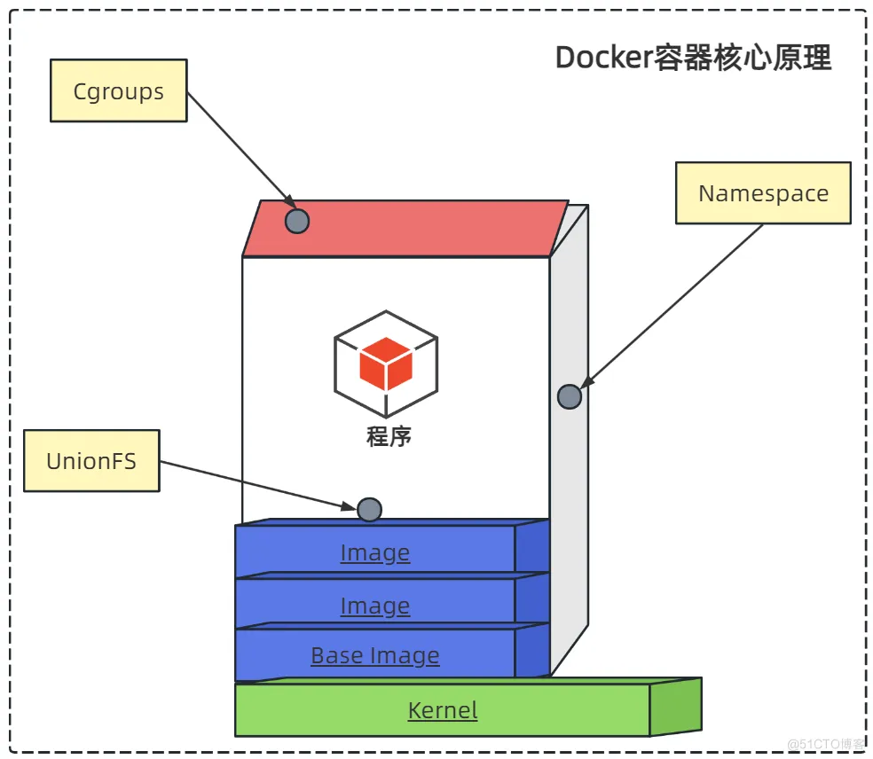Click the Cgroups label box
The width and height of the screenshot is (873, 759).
[119, 90]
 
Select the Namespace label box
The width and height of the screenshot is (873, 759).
[763, 193]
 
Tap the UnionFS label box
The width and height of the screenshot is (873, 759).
[91, 460]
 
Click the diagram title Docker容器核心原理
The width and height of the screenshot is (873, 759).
[693, 58]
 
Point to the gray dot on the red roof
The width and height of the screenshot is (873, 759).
[297, 221]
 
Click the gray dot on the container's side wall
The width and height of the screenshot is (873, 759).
[570, 396]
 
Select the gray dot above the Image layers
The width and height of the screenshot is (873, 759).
[369, 509]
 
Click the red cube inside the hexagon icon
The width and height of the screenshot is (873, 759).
[386, 364]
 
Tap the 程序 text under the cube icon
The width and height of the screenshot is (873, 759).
[389, 436]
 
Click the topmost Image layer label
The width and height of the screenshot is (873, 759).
[374, 552]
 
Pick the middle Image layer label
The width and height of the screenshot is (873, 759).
[374, 606]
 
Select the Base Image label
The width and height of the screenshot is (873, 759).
[374, 655]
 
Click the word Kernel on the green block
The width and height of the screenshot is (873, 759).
[442, 709]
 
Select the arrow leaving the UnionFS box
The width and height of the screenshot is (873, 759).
[257, 485]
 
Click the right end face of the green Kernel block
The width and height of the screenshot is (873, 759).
[675, 706]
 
